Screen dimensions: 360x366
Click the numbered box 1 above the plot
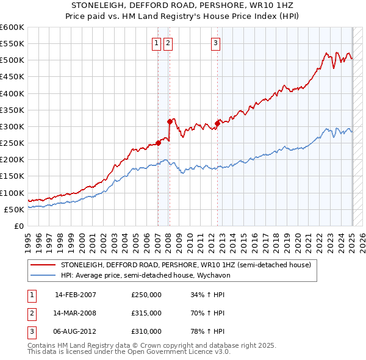coord(157,43)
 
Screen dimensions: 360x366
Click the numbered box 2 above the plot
coord(168,43)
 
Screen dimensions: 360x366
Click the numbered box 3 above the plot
coord(216,43)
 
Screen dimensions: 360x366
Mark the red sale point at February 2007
coord(158,143)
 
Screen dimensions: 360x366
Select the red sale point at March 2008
coord(169,121)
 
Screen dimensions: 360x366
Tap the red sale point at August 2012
coord(217,123)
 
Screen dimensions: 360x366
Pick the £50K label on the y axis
coord(14,209)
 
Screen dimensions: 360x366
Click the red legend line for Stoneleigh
coord(43,265)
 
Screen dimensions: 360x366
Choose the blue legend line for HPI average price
coord(43,275)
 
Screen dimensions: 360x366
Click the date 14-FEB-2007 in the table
coord(76,295)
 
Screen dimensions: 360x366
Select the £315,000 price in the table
coord(146,313)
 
